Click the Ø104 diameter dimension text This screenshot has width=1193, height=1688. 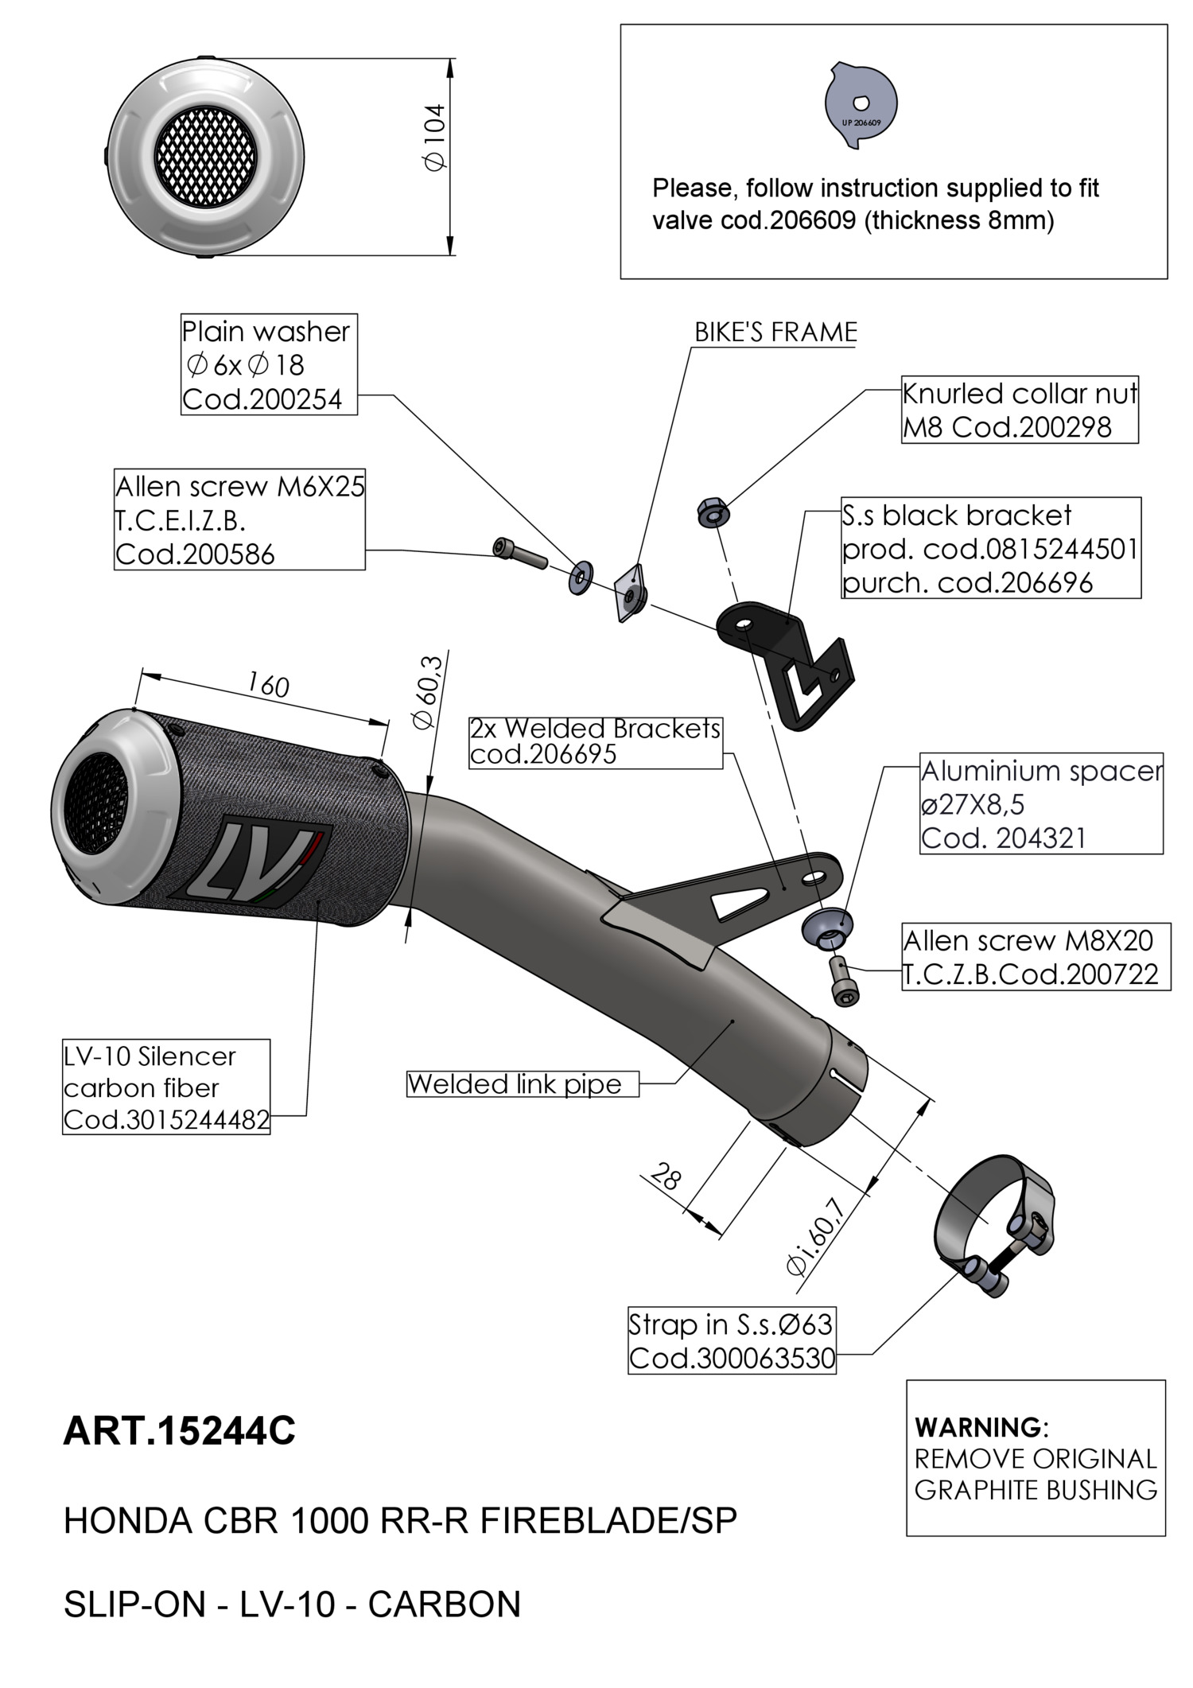(436, 137)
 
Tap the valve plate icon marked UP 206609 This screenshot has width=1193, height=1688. (861, 104)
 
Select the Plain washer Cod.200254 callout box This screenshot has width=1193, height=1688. (269, 364)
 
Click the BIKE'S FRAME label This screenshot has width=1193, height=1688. (775, 332)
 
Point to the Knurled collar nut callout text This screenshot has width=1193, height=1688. (1019, 410)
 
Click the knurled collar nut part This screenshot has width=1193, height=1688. (713, 512)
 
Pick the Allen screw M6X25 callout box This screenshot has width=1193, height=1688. (239, 519)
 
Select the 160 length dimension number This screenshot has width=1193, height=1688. (268, 684)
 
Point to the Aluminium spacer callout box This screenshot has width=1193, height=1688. (1041, 803)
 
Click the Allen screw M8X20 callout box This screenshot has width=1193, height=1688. (1036, 957)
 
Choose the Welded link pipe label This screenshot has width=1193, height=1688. (523, 1083)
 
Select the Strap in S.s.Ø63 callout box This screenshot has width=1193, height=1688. (731, 1340)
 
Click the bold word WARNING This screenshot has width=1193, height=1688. (981, 1427)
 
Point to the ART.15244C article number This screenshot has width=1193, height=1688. (179, 1430)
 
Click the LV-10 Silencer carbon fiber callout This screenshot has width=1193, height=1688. (166, 1087)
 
